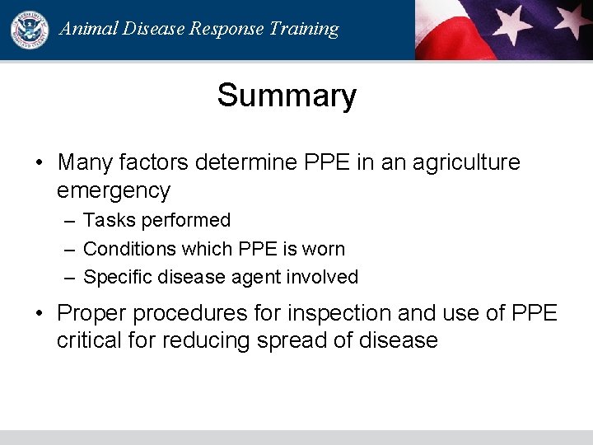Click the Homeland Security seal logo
(29, 29)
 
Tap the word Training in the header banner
(303, 29)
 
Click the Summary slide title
(287, 96)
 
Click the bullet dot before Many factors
(40, 163)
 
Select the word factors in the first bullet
(154, 162)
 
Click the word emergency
(114, 191)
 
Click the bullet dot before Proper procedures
(40, 314)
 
